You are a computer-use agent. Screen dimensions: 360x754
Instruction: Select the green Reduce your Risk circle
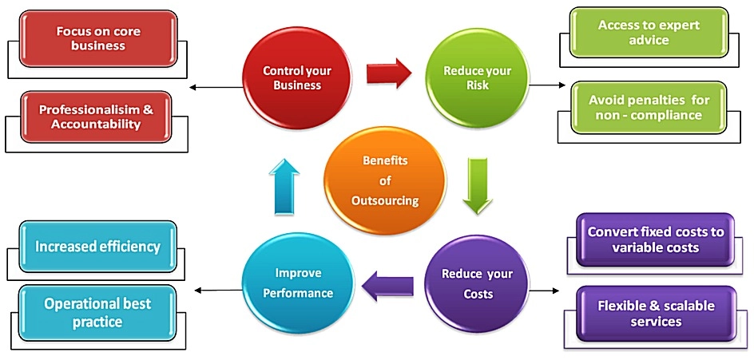(x=477, y=77)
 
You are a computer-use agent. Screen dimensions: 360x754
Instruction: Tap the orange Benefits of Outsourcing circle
(x=384, y=180)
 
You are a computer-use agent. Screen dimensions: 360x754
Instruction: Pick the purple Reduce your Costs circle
(x=476, y=284)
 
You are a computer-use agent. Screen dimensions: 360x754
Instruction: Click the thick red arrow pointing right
(x=388, y=74)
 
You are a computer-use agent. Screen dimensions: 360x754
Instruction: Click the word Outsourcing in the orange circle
(x=385, y=201)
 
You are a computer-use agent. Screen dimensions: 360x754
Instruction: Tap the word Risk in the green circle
(x=477, y=85)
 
